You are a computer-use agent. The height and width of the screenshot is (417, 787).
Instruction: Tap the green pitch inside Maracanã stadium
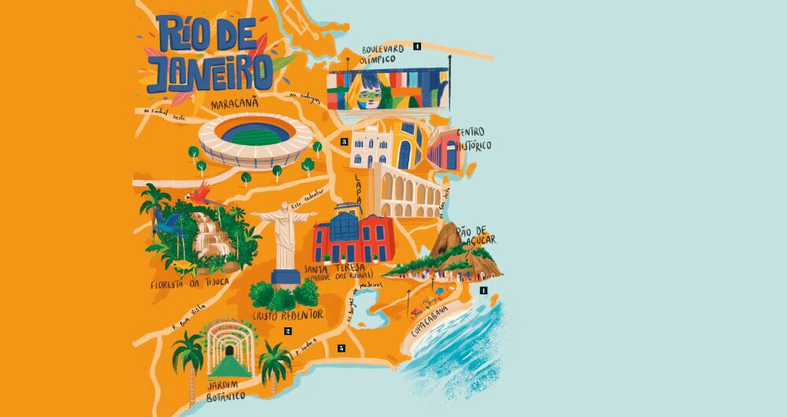pos(248,135)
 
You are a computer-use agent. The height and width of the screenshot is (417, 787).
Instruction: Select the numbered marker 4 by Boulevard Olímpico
pos(417,46)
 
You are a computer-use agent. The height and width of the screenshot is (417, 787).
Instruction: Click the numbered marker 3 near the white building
pos(344,142)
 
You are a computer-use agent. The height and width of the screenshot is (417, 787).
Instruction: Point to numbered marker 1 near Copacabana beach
pos(483,290)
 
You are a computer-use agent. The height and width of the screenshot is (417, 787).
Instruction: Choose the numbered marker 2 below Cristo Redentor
pos(288,331)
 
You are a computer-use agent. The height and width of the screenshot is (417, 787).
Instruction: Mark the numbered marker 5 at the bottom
pos(342,348)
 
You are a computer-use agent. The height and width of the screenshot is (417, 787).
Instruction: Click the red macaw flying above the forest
pos(203,190)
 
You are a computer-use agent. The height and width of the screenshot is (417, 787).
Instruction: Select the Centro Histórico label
pos(474,138)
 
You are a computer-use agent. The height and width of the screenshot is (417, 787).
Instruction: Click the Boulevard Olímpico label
pos(378,54)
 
